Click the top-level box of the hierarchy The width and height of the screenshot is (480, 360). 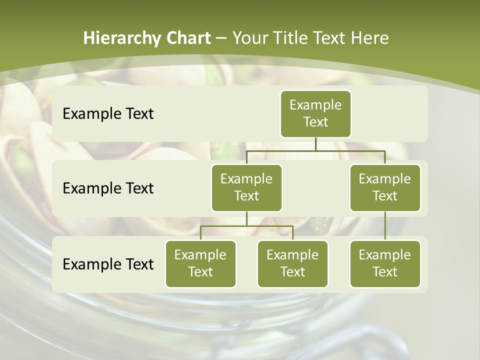click(315, 113)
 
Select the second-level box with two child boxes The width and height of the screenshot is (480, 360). click(246, 187)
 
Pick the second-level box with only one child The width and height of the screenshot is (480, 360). click(385, 187)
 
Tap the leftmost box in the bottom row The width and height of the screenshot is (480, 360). click(200, 263)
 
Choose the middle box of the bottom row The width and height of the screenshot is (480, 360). click(292, 263)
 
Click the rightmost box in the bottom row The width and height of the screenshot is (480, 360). click(385, 263)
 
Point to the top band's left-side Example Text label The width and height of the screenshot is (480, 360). click(108, 113)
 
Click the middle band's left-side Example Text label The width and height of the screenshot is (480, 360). click(108, 188)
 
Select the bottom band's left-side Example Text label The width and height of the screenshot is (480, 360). click(108, 264)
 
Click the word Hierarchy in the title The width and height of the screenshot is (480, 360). click(122, 38)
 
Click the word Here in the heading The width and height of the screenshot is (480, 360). click(370, 38)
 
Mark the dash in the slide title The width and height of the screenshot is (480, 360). click(221, 38)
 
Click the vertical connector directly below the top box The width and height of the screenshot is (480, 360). click(315, 144)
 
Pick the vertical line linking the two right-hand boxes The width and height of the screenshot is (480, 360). click(385, 225)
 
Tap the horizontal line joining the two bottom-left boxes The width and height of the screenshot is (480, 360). click(246, 226)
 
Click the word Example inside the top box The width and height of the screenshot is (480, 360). click(315, 105)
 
